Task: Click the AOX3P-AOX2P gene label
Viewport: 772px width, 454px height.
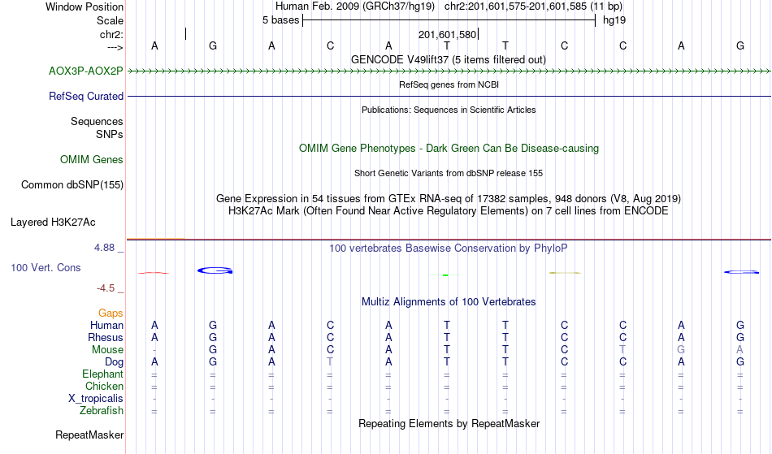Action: coord(85,71)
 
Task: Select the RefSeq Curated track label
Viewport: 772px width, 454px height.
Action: coord(85,97)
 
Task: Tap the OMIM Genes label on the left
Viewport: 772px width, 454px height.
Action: coord(91,160)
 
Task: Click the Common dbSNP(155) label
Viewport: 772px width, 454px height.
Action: coord(72,185)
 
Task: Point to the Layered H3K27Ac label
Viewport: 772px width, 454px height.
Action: coord(53,223)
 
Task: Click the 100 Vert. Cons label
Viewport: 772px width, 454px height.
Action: coord(46,267)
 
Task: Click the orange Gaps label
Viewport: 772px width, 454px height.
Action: coord(111,313)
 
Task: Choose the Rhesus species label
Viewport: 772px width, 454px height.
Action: coord(106,337)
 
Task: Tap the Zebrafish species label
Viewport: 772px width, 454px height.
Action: coord(102,411)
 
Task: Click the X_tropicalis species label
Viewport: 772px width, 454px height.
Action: coord(96,399)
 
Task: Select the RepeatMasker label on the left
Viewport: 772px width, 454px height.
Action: coord(89,435)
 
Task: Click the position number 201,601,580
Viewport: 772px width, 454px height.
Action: coord(447,35)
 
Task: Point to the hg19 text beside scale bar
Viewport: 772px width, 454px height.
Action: coord(614,20)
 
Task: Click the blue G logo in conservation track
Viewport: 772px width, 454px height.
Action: coord(215,270)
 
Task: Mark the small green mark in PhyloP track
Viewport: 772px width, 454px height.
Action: coord(445,275)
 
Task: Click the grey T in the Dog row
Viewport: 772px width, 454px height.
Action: coord(330,362)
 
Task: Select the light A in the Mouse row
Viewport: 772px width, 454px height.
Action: coord(739,350)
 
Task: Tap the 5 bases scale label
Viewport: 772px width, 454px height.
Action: coord(280,20)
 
